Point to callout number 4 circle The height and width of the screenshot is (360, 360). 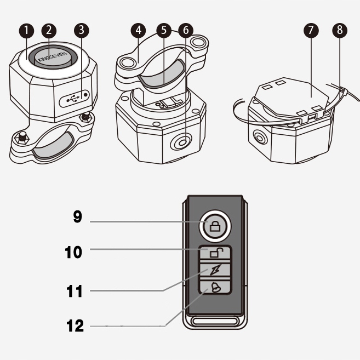(x=139, y=30)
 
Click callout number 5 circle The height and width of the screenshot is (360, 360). (x=166, y=30)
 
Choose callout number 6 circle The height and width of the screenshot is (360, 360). (x=186, y=30)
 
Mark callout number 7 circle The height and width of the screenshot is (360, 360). (x=311, y=30)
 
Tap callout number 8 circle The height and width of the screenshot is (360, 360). (x=340, y=30)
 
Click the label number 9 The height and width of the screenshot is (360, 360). (x=78, y=217)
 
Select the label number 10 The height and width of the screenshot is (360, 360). (x=73, y=253)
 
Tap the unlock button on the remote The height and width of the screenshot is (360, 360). (x=215, y=253)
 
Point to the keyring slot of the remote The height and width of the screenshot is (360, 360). (x=215, y=320)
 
